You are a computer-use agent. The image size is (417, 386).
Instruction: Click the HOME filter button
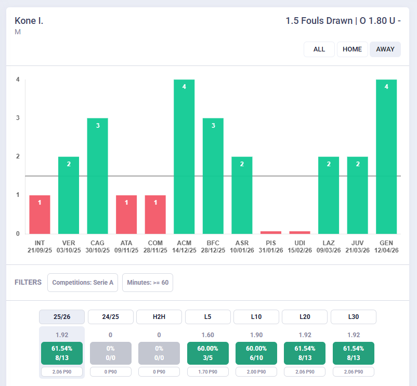[352, 49]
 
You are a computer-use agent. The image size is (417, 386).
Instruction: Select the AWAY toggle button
[385, 49]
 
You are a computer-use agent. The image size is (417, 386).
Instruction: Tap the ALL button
[319, 49]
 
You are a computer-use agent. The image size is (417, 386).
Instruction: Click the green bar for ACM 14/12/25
[184, 157]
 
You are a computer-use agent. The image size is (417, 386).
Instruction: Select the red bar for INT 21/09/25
[40, 215]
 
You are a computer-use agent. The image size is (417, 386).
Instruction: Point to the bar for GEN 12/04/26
[386, 157]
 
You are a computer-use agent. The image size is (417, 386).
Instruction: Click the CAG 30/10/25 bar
[98, 176]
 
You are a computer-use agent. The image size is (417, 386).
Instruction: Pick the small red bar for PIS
[271, 232]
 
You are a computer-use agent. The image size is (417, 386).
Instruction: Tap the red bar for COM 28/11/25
[155, 215]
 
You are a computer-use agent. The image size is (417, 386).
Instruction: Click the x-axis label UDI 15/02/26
[299, 247]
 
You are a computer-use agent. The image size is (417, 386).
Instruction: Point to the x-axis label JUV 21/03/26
[357, 247]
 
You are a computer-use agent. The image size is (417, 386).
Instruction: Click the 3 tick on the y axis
[18, 118]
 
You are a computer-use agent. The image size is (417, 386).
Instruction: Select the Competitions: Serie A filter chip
[83, 283]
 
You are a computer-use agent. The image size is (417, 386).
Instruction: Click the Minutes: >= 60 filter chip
[148, 283]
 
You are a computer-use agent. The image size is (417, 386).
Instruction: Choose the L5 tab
[207, 317]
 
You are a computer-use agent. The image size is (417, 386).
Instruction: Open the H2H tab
[159, 317]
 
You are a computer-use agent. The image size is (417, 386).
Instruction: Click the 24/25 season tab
[111, 317]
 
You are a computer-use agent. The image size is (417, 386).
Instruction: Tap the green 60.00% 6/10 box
[256, 353]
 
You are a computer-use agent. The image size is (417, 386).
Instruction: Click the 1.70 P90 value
[207, 371]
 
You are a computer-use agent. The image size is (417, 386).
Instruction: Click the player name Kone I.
[29, 21]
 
